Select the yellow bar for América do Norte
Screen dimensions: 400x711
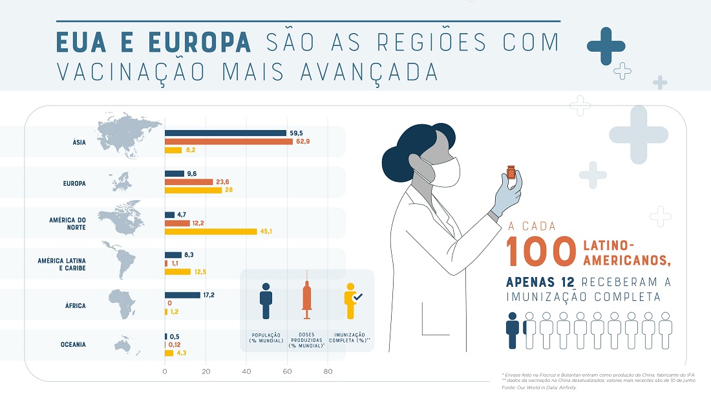(x=211, y=232)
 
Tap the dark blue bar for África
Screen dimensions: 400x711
(x=182, y=295)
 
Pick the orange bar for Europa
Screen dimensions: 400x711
(x=189, y=183)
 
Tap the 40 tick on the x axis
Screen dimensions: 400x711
(x=246, y=372)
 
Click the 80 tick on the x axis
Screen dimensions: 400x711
(x=328, y=372)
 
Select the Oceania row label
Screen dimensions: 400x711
(x=70, y=345)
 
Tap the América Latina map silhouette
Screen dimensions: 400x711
(x=119, y=263)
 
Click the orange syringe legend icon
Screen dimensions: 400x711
(x=307, y=300)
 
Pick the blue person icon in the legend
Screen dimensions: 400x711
(x=266, y=302)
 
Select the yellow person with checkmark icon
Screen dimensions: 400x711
(x=352, y=301)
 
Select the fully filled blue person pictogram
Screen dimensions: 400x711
(x=513, y=331)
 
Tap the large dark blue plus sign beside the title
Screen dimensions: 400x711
(x=606, y=47)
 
